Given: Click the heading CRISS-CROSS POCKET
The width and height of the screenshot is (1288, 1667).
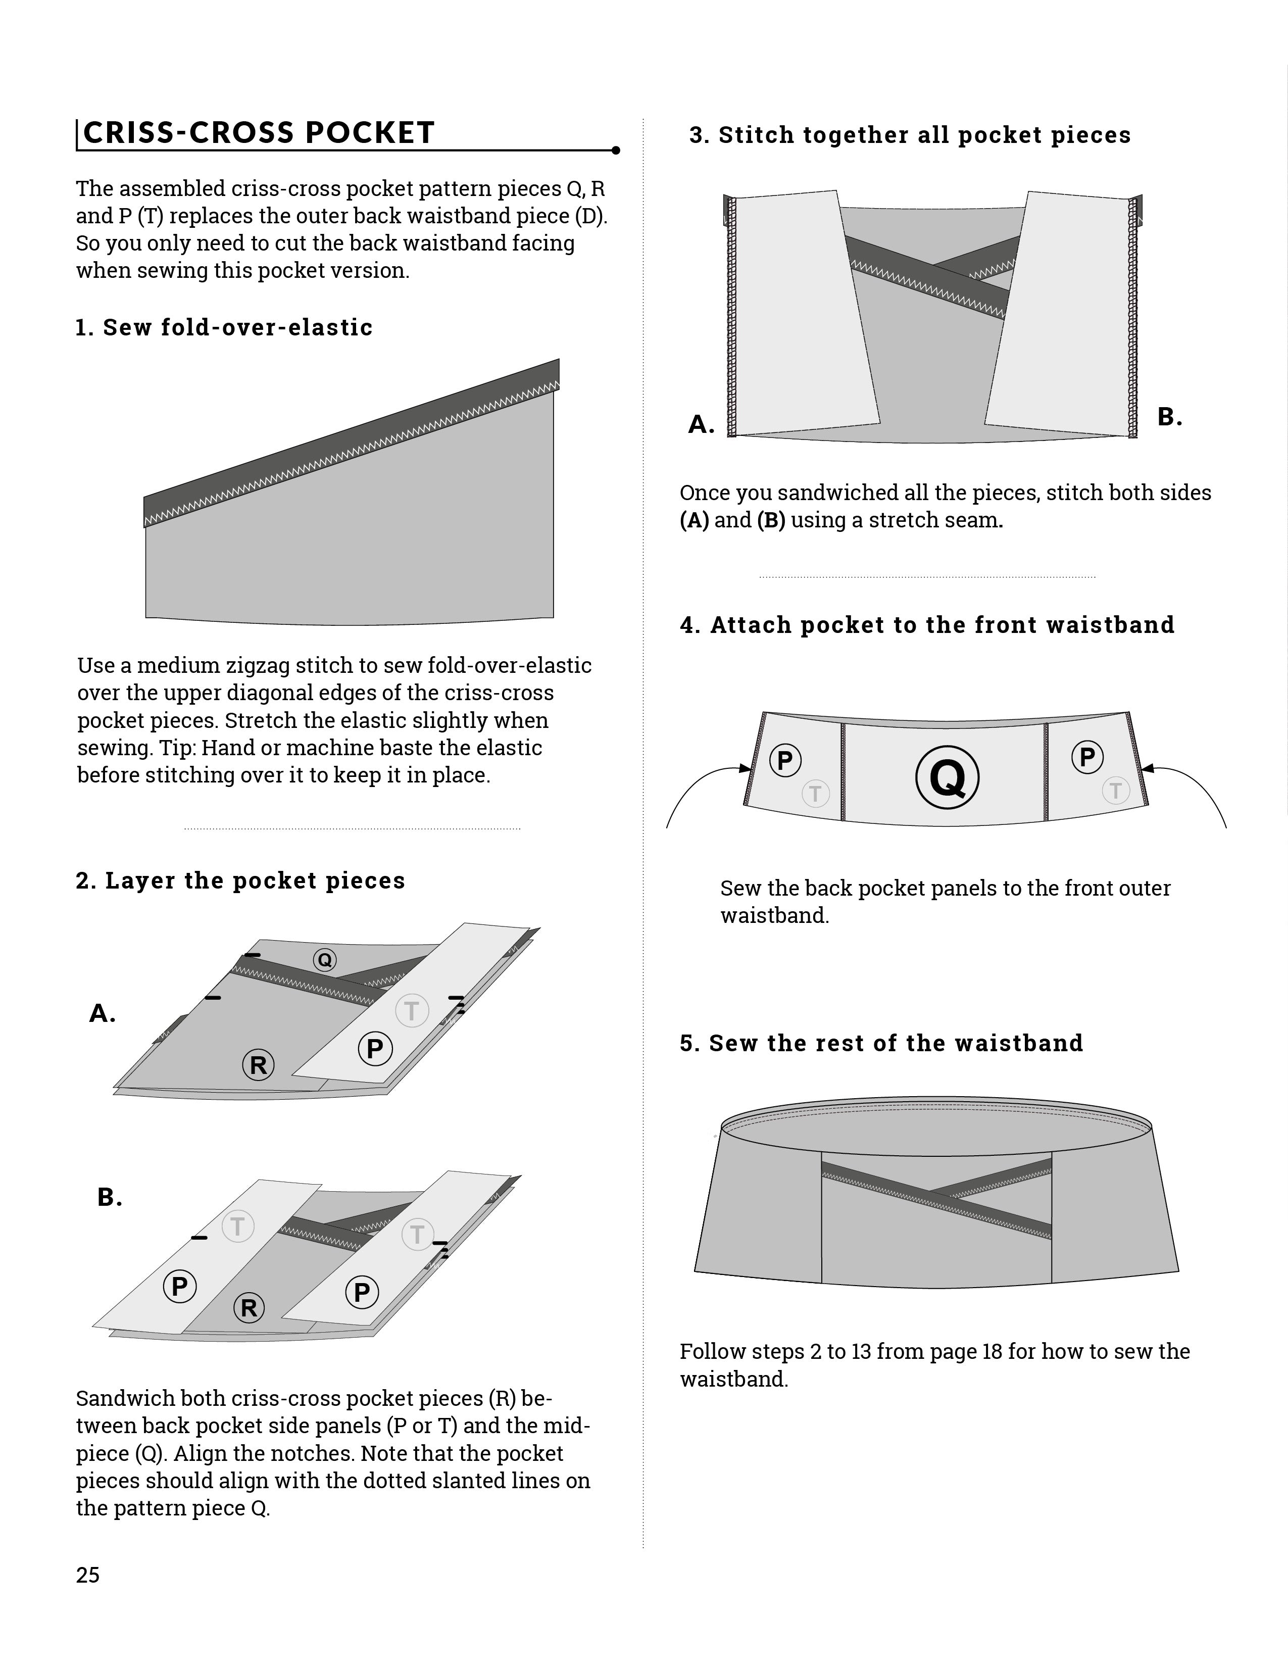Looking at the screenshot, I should (259, 133).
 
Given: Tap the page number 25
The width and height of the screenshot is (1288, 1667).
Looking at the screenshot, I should (88, 1575).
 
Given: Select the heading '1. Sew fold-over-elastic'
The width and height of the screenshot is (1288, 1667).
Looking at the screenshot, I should (224, 327).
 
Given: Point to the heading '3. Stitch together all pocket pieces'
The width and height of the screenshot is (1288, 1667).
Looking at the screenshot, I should (910, 135).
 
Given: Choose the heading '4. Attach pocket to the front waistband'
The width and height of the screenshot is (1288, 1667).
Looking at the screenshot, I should (927, 625).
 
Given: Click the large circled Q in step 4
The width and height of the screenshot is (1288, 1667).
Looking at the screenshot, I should (948, 777).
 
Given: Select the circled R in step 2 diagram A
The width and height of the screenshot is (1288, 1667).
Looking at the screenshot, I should (259, 1065).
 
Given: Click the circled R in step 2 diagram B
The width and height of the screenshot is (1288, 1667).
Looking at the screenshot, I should (249, 1307).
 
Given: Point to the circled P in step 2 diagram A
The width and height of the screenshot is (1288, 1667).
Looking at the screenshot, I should (375, 1049).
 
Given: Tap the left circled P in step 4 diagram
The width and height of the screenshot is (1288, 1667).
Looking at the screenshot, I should (785, 761).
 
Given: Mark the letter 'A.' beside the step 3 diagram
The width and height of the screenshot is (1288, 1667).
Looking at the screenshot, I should (701, 424).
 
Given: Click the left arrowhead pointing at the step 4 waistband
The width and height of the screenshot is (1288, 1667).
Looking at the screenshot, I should (746, 768).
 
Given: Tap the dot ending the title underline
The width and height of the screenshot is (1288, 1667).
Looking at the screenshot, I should (616, 151).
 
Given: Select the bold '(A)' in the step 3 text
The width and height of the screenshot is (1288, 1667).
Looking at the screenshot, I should (695, 520).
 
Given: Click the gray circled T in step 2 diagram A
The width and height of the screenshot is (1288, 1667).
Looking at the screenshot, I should (412, 1011).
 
